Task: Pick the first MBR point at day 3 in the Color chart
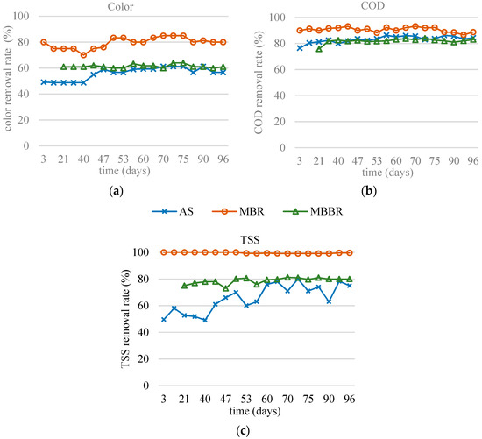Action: point(44,42)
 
